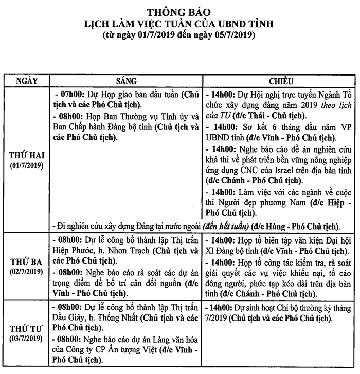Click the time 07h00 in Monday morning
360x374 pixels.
pos(71,95)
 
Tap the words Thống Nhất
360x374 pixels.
pos(112,318)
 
